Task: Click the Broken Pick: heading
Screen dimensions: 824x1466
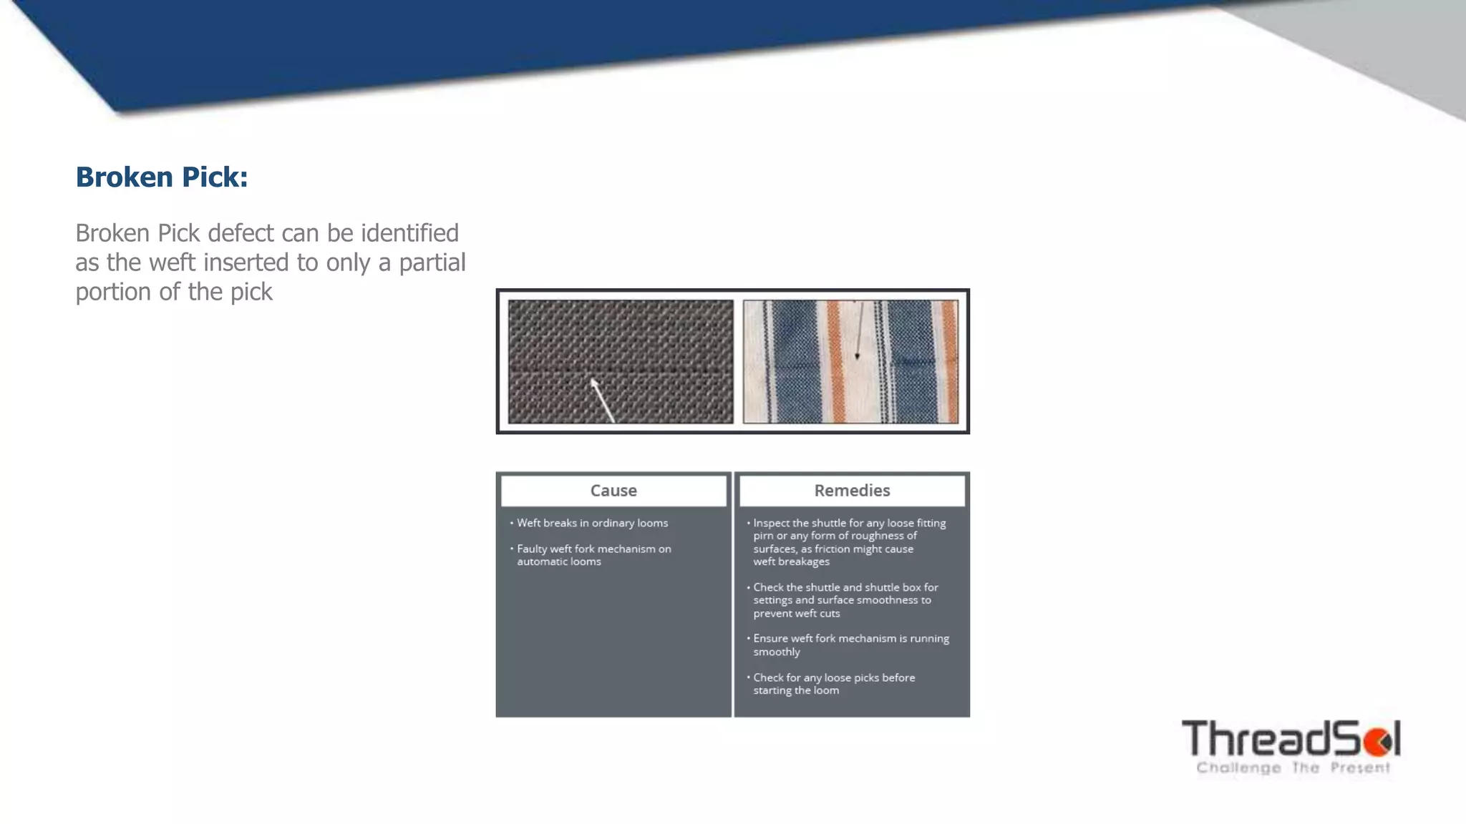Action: pos(162,177)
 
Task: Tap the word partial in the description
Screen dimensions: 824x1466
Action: pos(432,263)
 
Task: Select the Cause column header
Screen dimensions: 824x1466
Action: pos(613,491)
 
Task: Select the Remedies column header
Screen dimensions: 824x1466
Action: pos(852,491)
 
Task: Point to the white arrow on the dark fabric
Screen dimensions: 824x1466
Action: pos(603,401)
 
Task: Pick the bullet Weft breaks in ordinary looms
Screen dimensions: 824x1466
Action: pos(592,523)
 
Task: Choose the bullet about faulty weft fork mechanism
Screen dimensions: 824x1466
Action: pos(593,555)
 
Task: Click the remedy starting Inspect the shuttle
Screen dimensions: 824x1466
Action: pos(849,542)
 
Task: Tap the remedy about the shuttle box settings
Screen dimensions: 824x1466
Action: pos(845,600)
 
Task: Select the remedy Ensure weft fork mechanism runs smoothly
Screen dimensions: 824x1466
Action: pos(850,644)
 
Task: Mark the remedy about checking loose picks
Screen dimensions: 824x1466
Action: pos(833,684)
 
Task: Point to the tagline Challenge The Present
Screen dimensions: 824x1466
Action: pos(1293,768)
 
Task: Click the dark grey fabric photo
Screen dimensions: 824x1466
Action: pos(621,361)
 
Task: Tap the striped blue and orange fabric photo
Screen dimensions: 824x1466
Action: pos(850,361)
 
